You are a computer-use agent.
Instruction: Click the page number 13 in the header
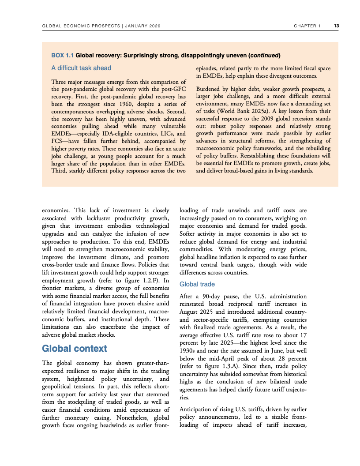[336, 26]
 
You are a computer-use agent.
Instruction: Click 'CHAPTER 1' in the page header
[307, 26]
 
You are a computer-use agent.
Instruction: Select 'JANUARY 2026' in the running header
[143, 26]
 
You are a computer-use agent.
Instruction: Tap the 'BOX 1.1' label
[63, 56]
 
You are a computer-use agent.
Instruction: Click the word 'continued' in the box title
[264, 56]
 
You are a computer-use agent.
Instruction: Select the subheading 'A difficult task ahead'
[81, 68]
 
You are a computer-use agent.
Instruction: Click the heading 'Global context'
[74, 349]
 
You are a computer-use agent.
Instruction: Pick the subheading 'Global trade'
[197, 285]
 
